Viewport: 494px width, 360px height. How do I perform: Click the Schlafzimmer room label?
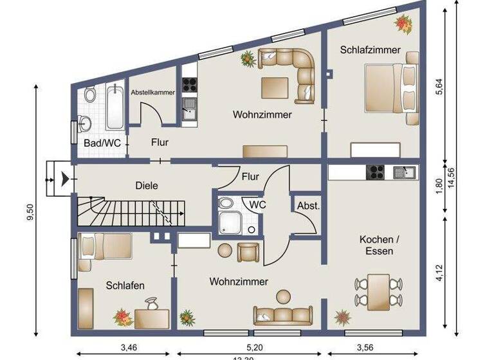(x=370, y=50)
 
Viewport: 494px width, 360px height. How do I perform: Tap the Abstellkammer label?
(x=153, y=93)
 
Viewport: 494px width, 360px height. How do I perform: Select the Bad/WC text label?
(x=102, y=143)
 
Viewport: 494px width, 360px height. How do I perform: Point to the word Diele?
(x=147, y=185)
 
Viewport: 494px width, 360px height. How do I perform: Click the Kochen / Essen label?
(x=379, y=245)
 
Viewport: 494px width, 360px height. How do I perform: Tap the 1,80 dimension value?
(x=439, y=185)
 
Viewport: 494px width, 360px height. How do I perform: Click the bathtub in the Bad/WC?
(x=116, y=107)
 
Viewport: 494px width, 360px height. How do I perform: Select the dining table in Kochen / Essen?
(x=378, y=291)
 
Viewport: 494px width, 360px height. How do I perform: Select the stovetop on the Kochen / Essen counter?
(x=375, y=172)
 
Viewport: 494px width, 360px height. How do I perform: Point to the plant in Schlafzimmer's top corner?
(x=404, y=24)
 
